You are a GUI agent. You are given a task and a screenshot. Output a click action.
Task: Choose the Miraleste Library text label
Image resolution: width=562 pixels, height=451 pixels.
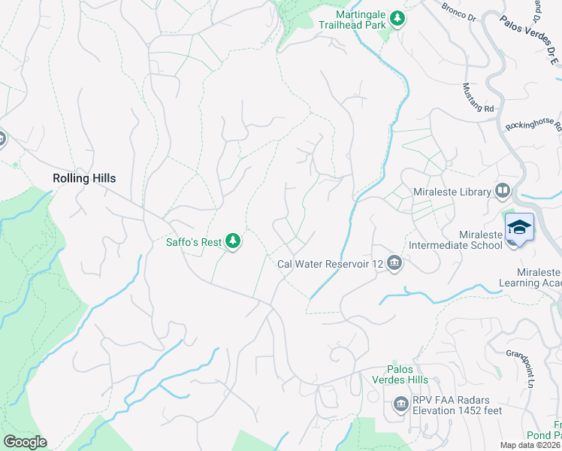tap(452, 192)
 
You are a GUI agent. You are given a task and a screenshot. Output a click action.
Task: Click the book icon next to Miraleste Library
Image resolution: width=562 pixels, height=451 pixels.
tap(502, 191)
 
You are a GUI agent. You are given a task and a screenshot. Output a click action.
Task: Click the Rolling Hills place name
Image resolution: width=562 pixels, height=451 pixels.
tap(84, 178)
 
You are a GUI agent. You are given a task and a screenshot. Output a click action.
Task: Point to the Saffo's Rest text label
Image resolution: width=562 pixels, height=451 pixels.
tap(194, 242)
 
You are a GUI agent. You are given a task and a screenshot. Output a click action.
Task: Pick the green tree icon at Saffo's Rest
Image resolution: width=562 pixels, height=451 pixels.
tap(234, 241)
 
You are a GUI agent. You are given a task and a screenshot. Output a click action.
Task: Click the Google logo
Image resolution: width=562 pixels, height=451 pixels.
tap(25, 442)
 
